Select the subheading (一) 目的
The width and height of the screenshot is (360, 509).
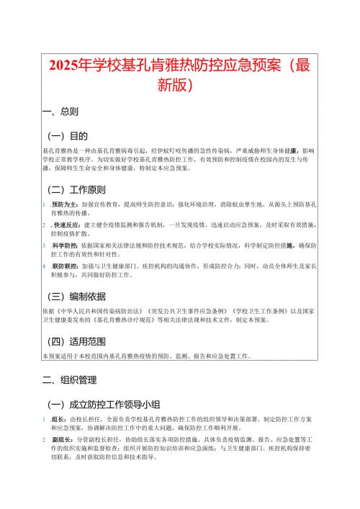[x=67, y=135]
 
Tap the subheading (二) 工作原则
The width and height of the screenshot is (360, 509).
[x=76, y=190]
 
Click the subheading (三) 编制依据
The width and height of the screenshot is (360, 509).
[x=76, y=296]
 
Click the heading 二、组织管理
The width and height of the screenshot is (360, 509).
[x=71, y=379]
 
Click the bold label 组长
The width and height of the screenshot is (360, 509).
[x=58, y=418]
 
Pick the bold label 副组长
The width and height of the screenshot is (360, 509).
[x=60, y=438]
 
